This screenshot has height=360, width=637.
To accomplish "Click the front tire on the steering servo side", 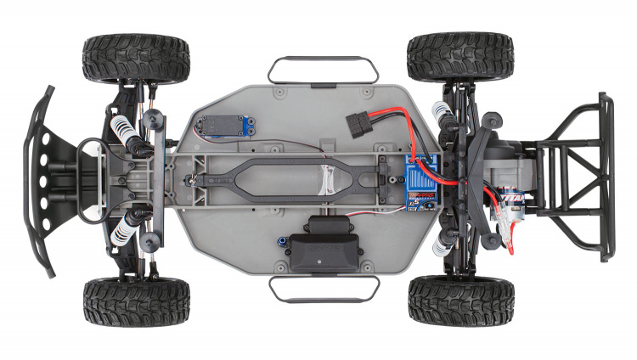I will pos(136,58).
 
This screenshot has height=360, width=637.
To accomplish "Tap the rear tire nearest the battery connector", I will pos(459,57).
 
